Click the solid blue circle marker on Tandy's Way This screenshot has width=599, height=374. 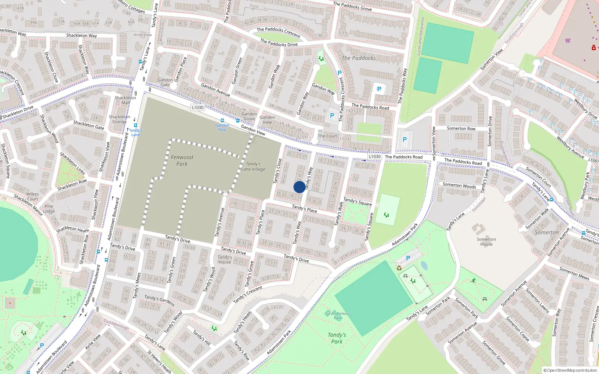[x=299, y=187]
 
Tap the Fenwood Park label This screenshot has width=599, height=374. [x=182, y=160]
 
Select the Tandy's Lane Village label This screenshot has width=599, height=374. [x=253, y=166]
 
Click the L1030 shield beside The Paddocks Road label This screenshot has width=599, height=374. [x=374, y=157]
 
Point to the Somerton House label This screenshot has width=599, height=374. [x=486, y=242]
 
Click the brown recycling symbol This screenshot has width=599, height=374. [x=399, y=268]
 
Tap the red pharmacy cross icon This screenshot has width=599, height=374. [x=594, y=47]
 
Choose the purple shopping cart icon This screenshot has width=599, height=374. [x=568, y=40]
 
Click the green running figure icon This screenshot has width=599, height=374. [x=474, y=280]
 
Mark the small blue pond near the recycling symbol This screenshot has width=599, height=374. [x=424, y=266]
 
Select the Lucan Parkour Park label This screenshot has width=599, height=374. [x=337, y=316]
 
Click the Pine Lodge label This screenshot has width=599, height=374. [x=49, y=209]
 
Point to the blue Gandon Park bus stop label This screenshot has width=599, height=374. [x=222, y=128]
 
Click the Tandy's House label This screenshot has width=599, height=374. [x=225, y=260]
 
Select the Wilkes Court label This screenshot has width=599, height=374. [x=33, y=196]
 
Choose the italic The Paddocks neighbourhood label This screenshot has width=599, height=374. [x=359, y=58]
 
